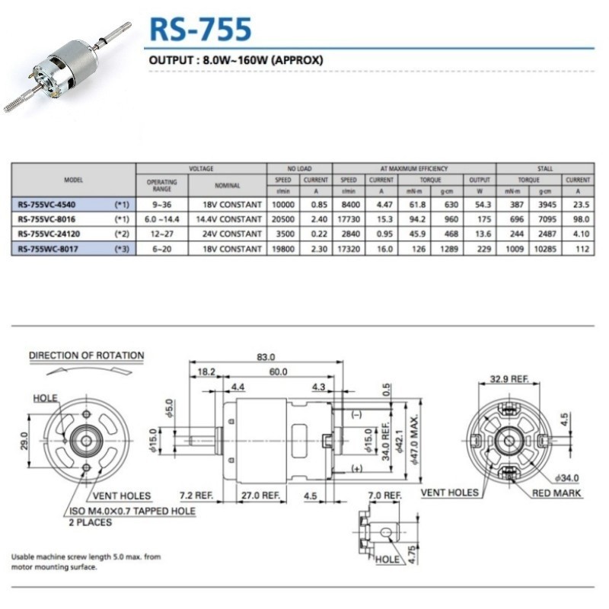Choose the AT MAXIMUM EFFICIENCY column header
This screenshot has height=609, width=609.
tap(414, 168)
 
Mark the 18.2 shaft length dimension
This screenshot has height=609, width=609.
tap(205, 371)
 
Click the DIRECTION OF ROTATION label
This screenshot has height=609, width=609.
tap(86, 356)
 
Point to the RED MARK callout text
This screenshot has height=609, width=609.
tap(556, 493)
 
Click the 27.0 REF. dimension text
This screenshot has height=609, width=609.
tap(260, 495)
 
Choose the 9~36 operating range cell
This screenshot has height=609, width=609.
tap(161, 205)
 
